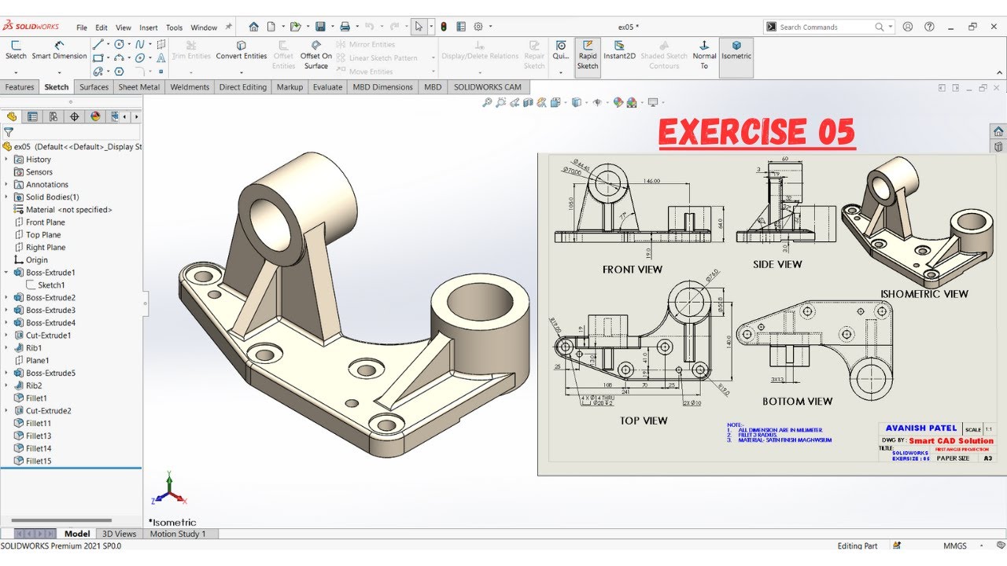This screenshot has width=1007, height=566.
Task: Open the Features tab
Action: click(20, 87)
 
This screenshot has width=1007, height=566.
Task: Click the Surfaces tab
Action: click(94, 87)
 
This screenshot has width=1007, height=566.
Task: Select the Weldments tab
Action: click(190, 87)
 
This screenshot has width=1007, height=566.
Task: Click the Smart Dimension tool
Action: click(59, 50)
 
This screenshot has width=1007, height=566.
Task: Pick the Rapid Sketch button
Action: click(588, 56)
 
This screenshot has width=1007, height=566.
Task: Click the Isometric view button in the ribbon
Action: click(736, 50)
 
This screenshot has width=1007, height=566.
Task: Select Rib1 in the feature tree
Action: click(34, 347)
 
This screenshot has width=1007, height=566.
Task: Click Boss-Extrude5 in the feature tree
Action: click(50, 373)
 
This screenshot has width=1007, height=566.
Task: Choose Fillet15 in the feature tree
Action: click(39, 461)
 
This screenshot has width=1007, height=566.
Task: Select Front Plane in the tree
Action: click(45, 222)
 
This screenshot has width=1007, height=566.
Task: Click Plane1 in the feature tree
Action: click(37, 360)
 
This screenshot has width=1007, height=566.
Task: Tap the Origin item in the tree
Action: click(36, 260)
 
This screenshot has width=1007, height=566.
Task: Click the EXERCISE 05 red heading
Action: click(756, 133)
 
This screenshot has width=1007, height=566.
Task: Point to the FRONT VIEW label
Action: click(633, 270)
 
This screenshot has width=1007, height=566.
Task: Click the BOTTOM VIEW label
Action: click(797, 402)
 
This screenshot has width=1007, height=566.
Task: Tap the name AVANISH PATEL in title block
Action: click(921, 428)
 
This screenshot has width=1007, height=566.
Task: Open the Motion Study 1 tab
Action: click(178, 534)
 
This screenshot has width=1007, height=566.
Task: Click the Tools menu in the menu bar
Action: click(174, 28)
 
